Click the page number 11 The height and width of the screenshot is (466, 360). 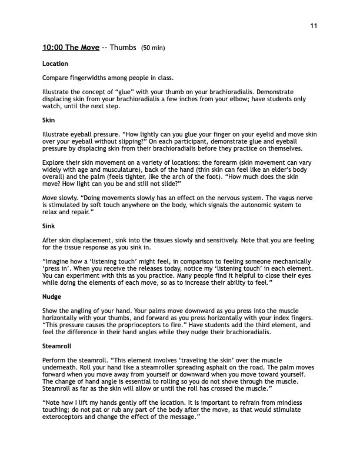(x=314, y=26)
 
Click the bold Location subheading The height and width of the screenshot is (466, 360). (x=55, y=63)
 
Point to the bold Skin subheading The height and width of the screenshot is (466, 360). (x=48, y=119)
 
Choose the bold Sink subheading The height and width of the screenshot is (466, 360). (x=48, y=225)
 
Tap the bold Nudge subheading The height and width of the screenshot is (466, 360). (x=52, y=297)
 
